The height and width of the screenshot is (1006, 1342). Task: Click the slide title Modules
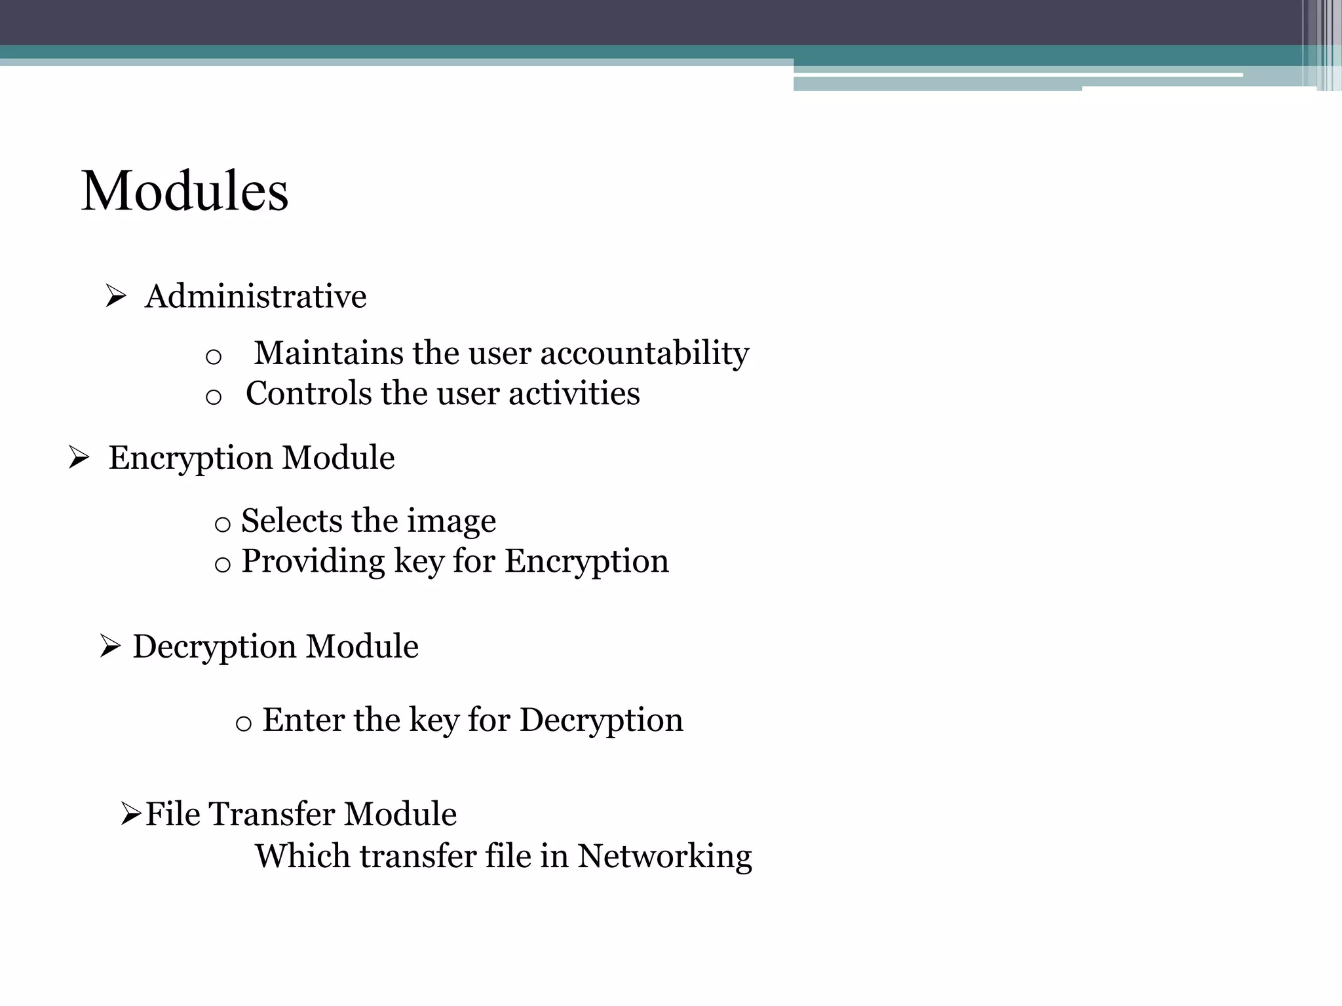point(184,191)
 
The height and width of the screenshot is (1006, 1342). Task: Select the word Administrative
point(256,297)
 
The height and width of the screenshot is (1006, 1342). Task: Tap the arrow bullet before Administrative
point(115,297)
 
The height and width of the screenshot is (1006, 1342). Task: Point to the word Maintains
point(328,354)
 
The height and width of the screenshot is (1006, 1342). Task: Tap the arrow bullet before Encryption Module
point(79,458)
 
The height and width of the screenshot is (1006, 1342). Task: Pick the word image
point(451,522)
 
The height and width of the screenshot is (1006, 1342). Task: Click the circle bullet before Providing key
point(223,564)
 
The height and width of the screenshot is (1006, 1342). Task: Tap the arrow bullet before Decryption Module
point(110,646)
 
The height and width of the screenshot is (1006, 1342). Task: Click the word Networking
point(664,857)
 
